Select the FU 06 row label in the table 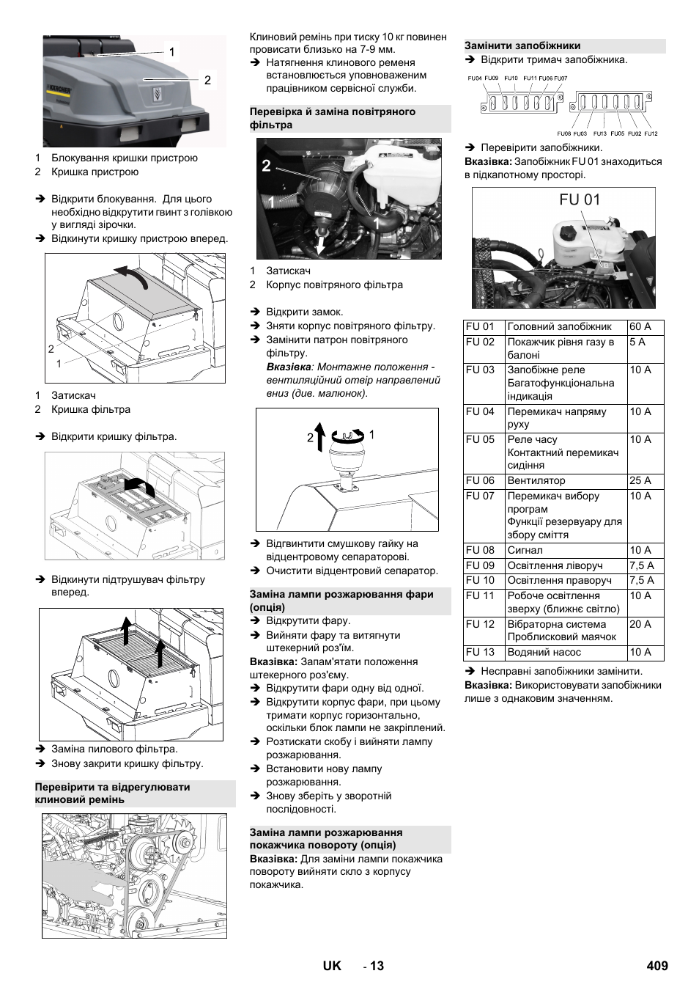pos(481,481)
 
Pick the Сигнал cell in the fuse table pos(525,551)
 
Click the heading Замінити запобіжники pos(522,45)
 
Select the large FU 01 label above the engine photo pos(580,200)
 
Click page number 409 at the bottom pos(657,966)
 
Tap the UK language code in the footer pos(332,966)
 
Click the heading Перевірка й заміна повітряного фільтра pos(333,118)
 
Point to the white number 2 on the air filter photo pos(267,166)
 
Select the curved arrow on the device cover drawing pos(132,276)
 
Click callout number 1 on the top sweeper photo pos(172,52)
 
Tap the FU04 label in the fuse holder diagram pos(475,78)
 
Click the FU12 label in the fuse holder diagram pos(651,134)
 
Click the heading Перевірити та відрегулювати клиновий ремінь pos(113,793)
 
